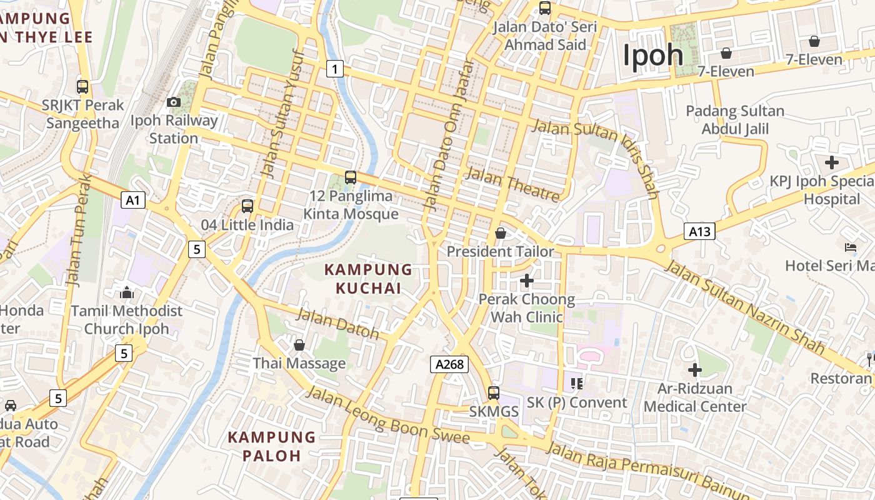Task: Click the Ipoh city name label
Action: (x=653, y=56)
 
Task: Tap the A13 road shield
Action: (x=699, y=232)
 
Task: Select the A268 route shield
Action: (x=449, y=364)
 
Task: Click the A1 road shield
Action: (x=133, y=200)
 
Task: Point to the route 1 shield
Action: (x=335, y=68)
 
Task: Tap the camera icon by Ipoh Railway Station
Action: (x=174, y=102)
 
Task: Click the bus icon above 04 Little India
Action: (x=247, y=206)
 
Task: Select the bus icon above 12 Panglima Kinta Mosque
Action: (x=351, y=177)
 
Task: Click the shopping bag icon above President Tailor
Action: (x=501, y=233)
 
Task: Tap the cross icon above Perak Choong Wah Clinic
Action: (x=527, y=281)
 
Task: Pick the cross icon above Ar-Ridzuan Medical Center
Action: (x=694, y=370)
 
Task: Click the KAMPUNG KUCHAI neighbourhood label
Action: (x=368, y=279)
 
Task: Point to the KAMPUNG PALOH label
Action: (x=271, y=446)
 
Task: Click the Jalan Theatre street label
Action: (x=512, y=184)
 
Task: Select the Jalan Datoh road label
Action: (x=337, y=324)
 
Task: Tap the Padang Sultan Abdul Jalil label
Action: (x=735, y=120)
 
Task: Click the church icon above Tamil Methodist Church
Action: (x=127, y=292)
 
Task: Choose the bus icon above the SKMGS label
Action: (x=494, y=392)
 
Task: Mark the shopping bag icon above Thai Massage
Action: (x=299, y=345)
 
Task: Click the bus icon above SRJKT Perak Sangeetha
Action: (x=82, y=87)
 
